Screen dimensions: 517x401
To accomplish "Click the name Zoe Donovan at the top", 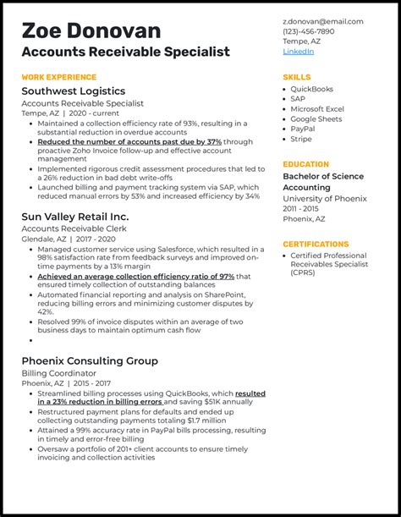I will coord(91,30).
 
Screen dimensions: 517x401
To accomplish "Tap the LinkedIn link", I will coord(298,52).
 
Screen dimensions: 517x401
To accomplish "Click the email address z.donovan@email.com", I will coord(322,21).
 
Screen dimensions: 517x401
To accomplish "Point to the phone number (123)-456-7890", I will coord(309,31).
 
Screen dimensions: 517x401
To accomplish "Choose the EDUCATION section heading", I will coord(305,164).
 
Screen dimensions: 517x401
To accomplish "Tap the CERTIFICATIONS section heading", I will coord(316,244).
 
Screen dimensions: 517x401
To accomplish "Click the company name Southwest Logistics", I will coord(74,91).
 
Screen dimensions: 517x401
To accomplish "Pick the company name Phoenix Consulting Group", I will coord(90,360).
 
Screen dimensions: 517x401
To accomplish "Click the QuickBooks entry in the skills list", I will coord(311,89).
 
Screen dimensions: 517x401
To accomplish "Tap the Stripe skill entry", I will coord(302,140).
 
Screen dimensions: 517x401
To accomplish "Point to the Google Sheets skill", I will coord(316,119).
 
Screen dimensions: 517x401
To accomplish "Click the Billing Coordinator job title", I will coord(58,373).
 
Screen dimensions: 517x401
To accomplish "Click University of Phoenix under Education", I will coord(325,199).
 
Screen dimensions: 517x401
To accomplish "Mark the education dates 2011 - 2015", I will coord(302,209).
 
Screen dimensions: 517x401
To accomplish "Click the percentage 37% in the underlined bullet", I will coord(214,142).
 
